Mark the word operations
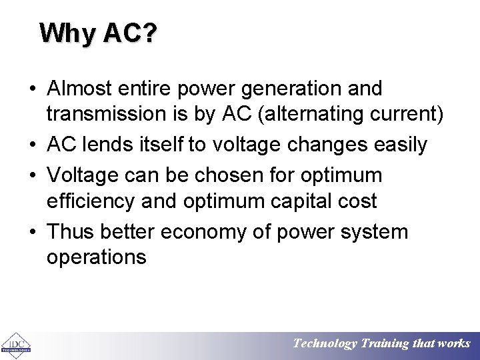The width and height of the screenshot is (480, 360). pyautogui.click(x=97, y=257)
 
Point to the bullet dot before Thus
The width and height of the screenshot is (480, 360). pyautogui.click(x=32, y=233)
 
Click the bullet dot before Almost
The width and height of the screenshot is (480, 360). pyautogui.click(x=32, y=89)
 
